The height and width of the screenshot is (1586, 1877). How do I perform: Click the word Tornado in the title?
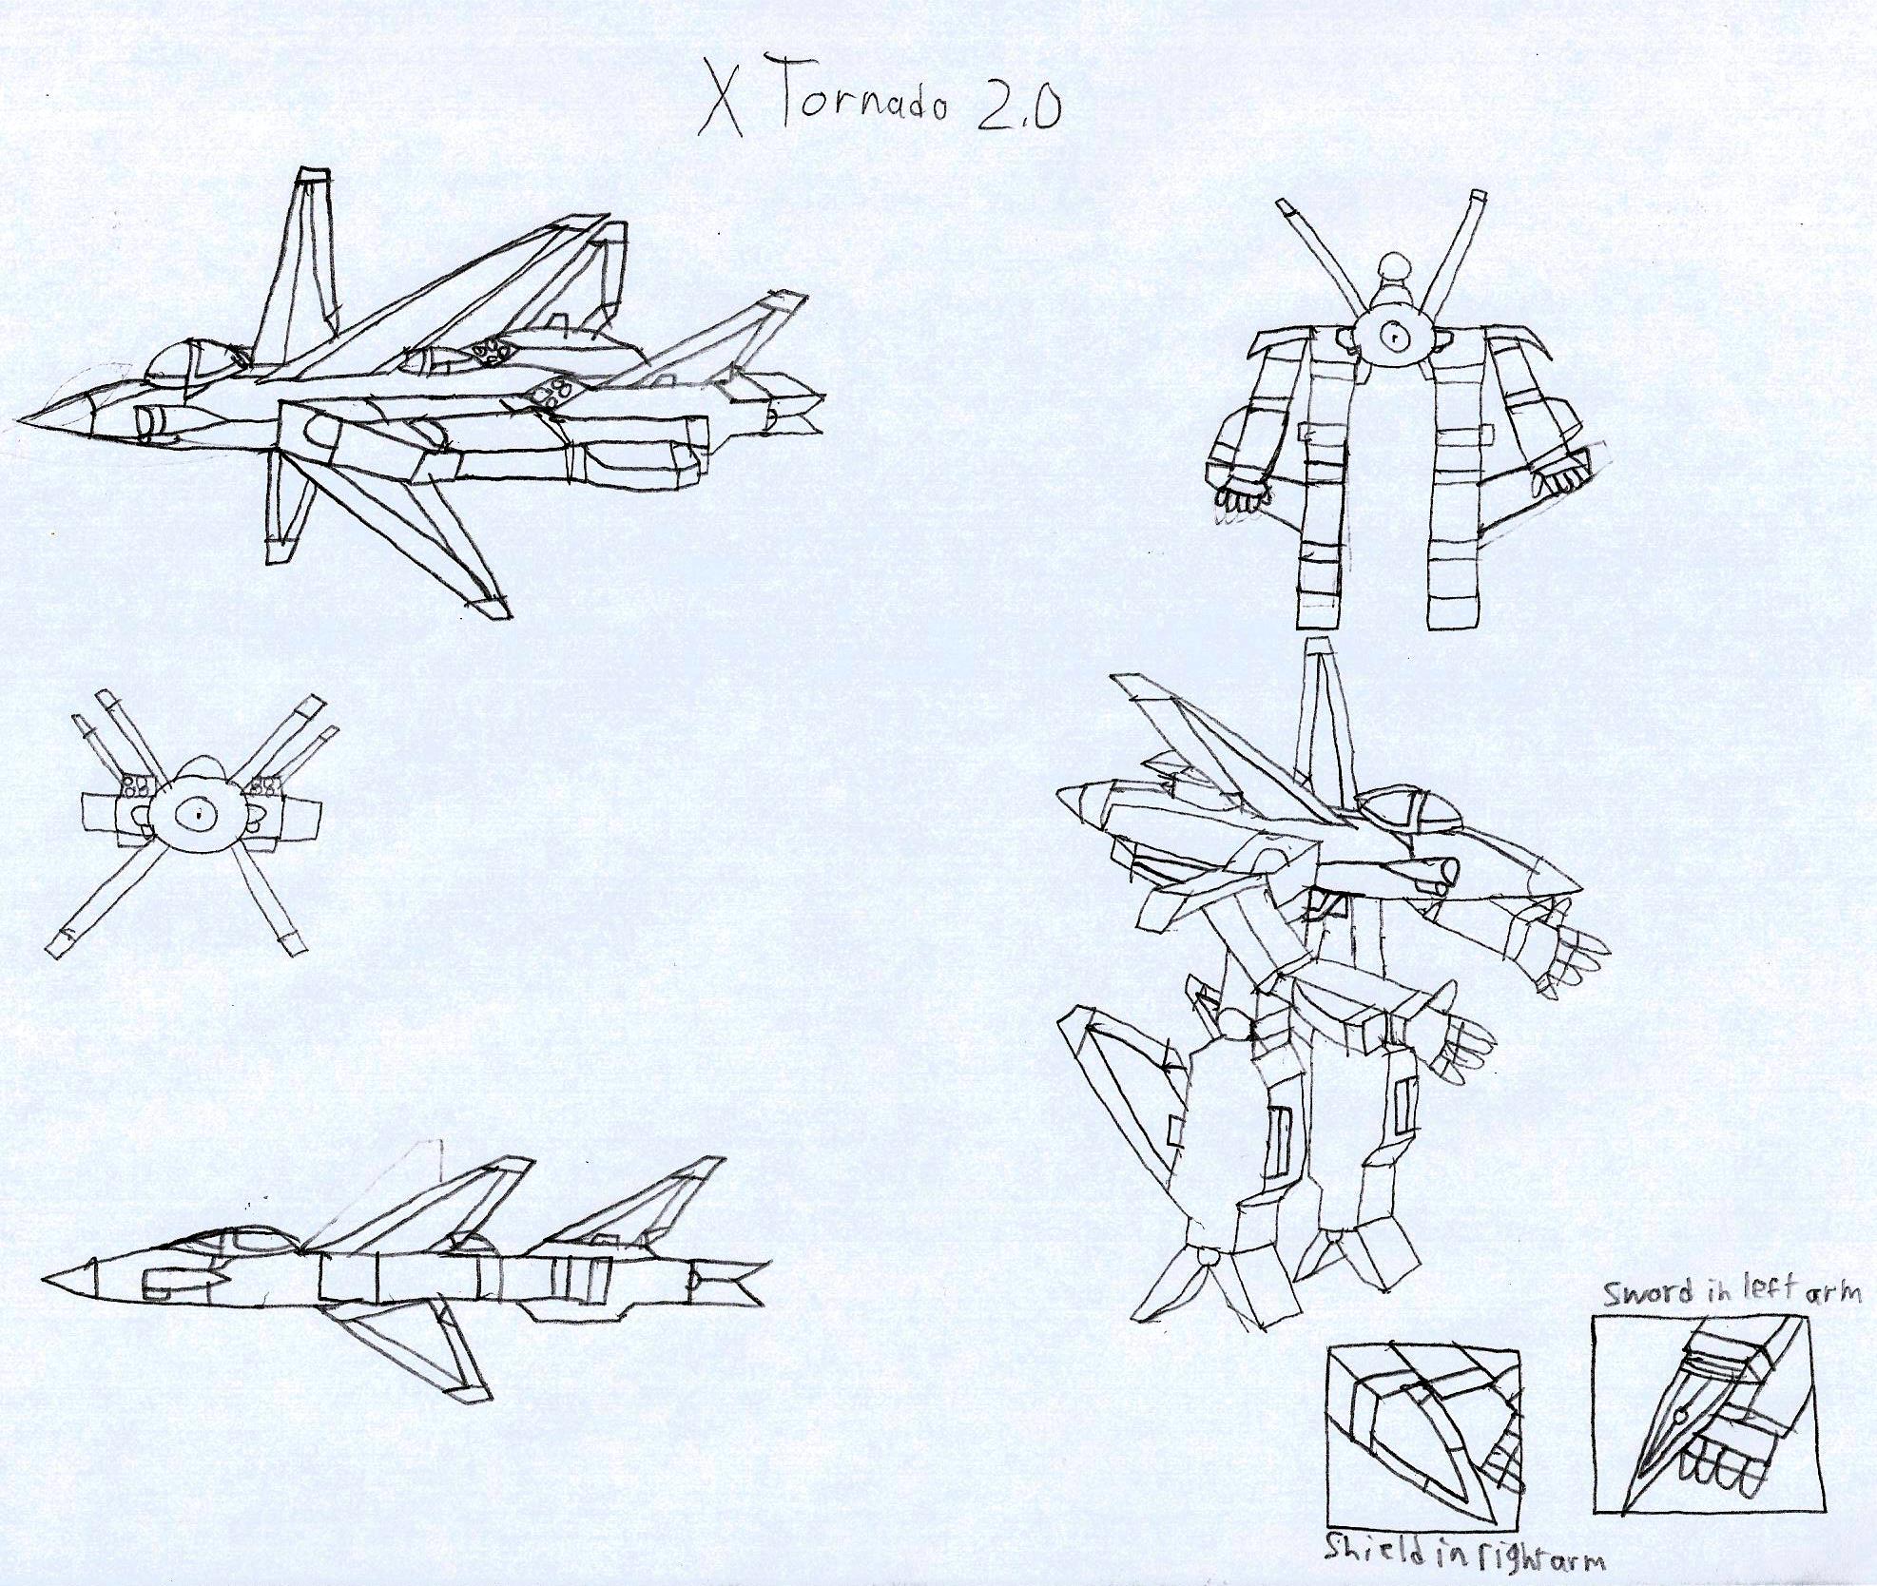click(862, 99)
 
